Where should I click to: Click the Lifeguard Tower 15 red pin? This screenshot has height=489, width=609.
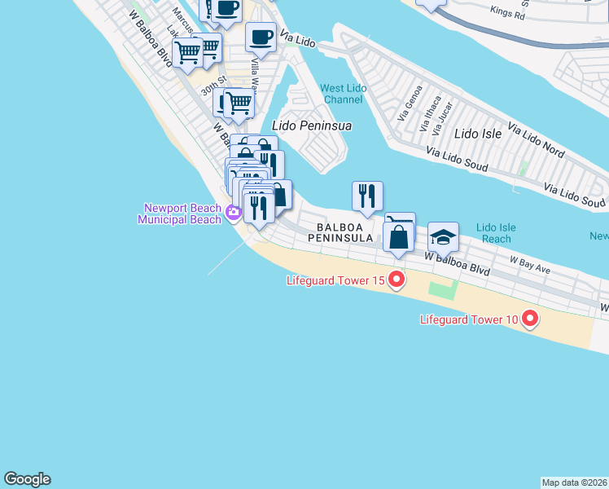397,280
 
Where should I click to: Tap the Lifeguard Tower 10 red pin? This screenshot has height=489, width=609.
530,319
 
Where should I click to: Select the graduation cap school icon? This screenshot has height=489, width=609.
443,237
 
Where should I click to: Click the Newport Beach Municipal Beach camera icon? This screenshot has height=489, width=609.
234,214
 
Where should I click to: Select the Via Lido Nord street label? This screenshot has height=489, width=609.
536,140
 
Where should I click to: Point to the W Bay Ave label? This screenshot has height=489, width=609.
530,262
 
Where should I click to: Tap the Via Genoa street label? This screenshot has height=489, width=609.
410,103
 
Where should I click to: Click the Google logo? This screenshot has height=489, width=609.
27,479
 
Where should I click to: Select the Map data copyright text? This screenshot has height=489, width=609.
575,482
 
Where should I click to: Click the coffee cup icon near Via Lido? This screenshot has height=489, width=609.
261,37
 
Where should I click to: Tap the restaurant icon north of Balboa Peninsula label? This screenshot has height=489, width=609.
367,195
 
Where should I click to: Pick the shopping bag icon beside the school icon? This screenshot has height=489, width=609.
398,238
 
